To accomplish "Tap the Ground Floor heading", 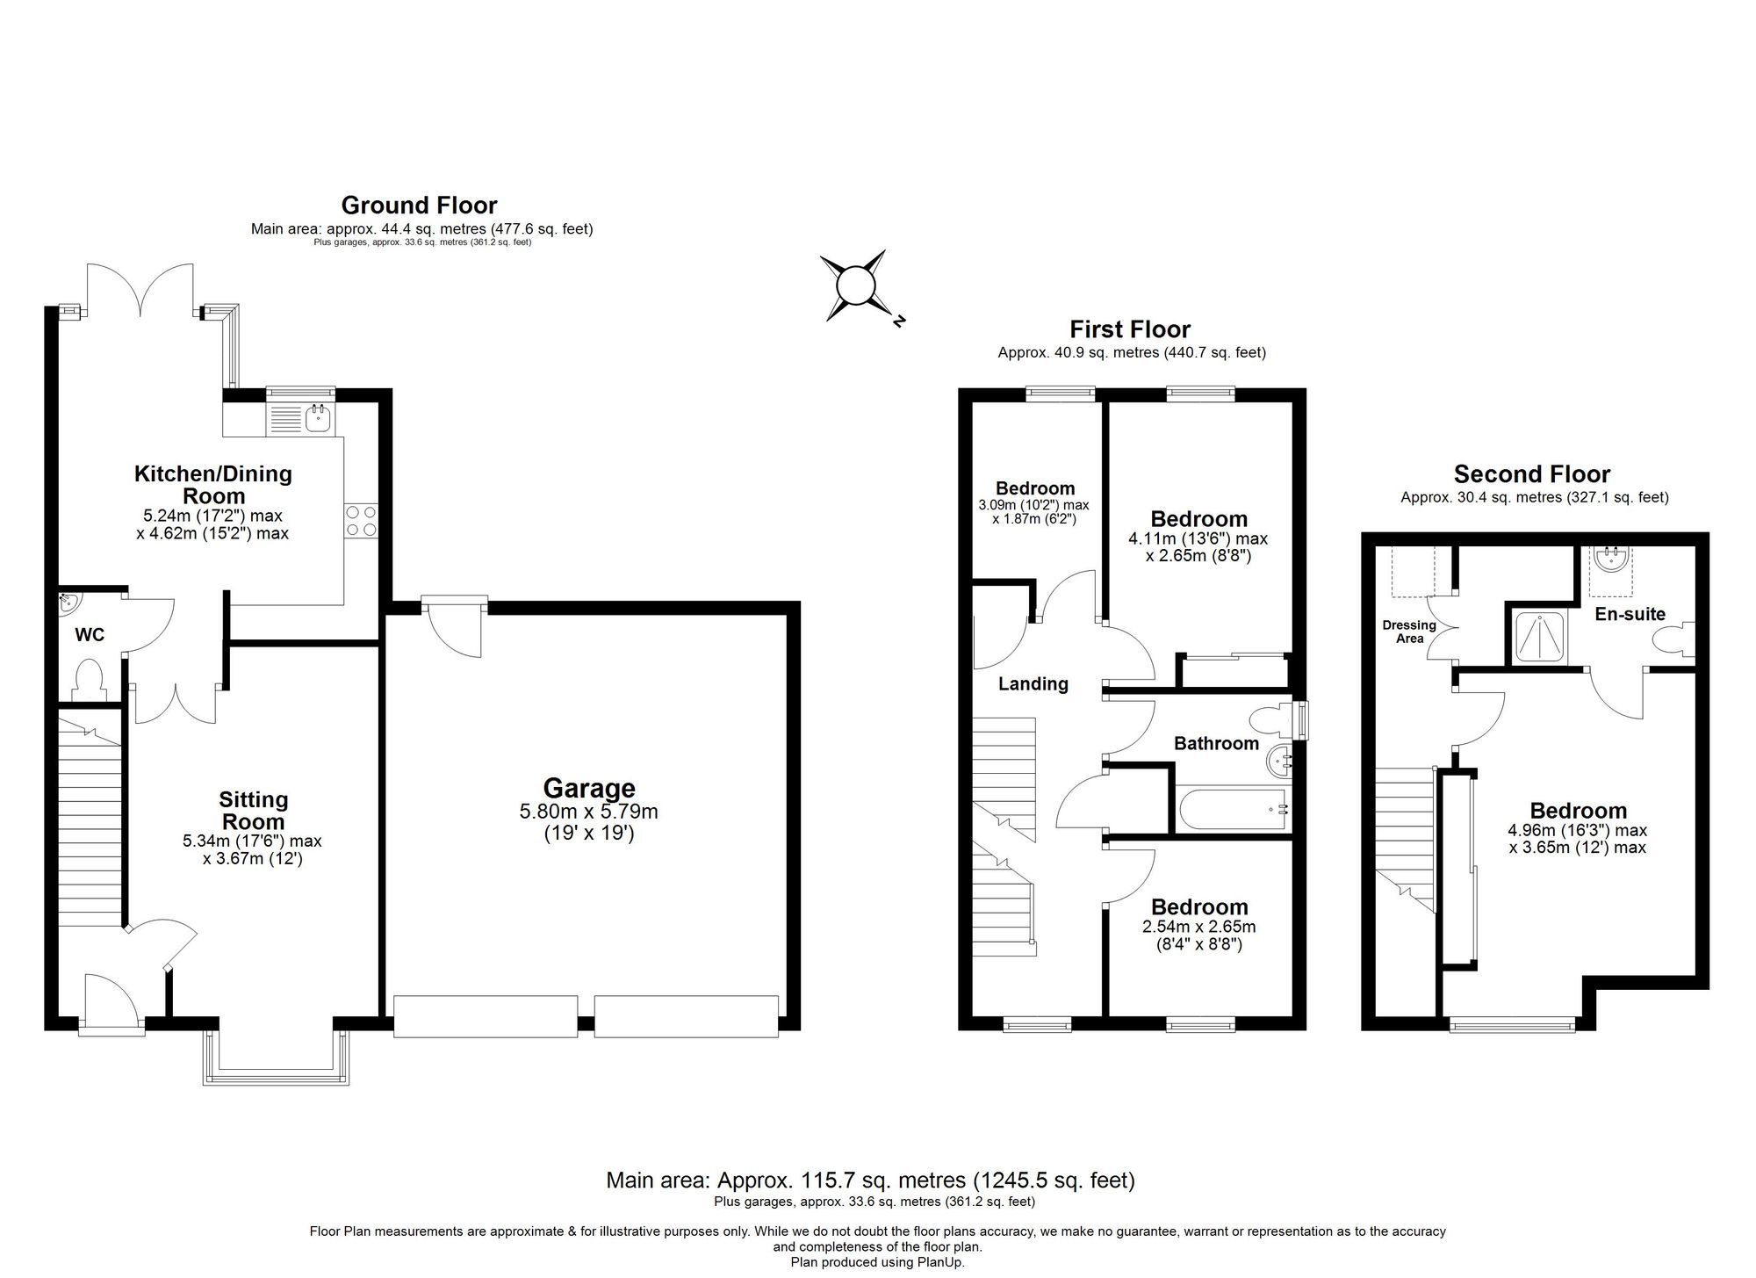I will [419, 206].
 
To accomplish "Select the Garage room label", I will [588, 788].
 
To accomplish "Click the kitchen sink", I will [317, 418].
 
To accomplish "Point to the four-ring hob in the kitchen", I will [361, 520].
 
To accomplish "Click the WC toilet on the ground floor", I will [90, 681].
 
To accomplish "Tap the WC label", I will [90, 634].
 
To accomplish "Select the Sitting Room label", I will [253, 811].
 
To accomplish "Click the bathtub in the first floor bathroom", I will [1233, 810].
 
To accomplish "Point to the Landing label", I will [1033, 683].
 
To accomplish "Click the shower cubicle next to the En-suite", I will [1540, 636].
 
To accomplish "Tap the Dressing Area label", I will [1409, 632].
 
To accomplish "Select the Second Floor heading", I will [1531, 474].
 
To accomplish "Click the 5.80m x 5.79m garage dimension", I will [588, 812].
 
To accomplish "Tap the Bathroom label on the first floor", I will [1216, 744].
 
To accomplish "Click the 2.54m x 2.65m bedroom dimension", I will [1198, 927].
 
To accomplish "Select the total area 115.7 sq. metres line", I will [869, 1180].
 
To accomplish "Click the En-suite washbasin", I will [1610, 560].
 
